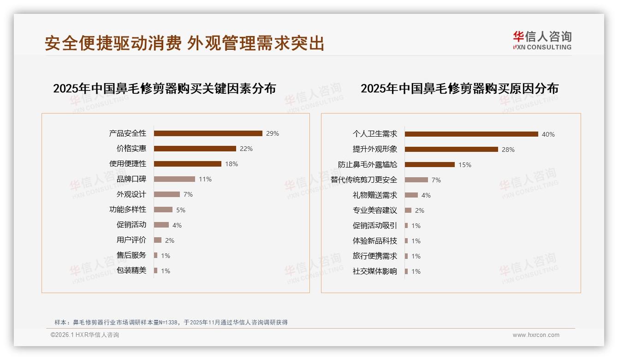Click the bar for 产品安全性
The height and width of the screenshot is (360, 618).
(x=208, y=133)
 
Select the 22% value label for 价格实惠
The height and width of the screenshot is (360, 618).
(x=246, y=149)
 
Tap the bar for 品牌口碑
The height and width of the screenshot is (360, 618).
(x=174, y=179)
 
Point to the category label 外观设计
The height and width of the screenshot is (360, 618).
(x=131, y=194)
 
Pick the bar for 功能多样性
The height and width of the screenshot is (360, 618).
(x=163, y=210)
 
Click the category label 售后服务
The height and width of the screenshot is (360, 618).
(x=131, y=255)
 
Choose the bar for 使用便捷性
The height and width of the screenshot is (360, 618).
(x=188, y=164)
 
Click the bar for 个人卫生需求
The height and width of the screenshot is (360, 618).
(x=471, y=134)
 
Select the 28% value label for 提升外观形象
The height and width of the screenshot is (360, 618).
(x=508, y=150)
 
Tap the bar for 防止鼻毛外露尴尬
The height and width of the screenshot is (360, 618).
(x=430, y=165)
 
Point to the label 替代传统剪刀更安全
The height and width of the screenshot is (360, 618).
(x=364, y=180)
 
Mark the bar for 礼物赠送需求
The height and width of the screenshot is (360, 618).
(x=411, y=195)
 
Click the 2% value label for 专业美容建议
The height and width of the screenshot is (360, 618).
(x=420, y=210)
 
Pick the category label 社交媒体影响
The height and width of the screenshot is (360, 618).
(x=375, y=271)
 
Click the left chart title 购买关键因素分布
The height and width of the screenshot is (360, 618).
(x=165, y=88)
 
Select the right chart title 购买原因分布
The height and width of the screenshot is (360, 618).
(x=459, y=88)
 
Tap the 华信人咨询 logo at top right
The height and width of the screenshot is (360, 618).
(x=542, y=40)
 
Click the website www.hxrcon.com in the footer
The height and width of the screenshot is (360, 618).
(x=536, y=335)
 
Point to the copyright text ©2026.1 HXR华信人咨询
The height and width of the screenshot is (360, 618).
(x=85, y=335)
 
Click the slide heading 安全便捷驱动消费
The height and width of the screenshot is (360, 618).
(x=113, y=43)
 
